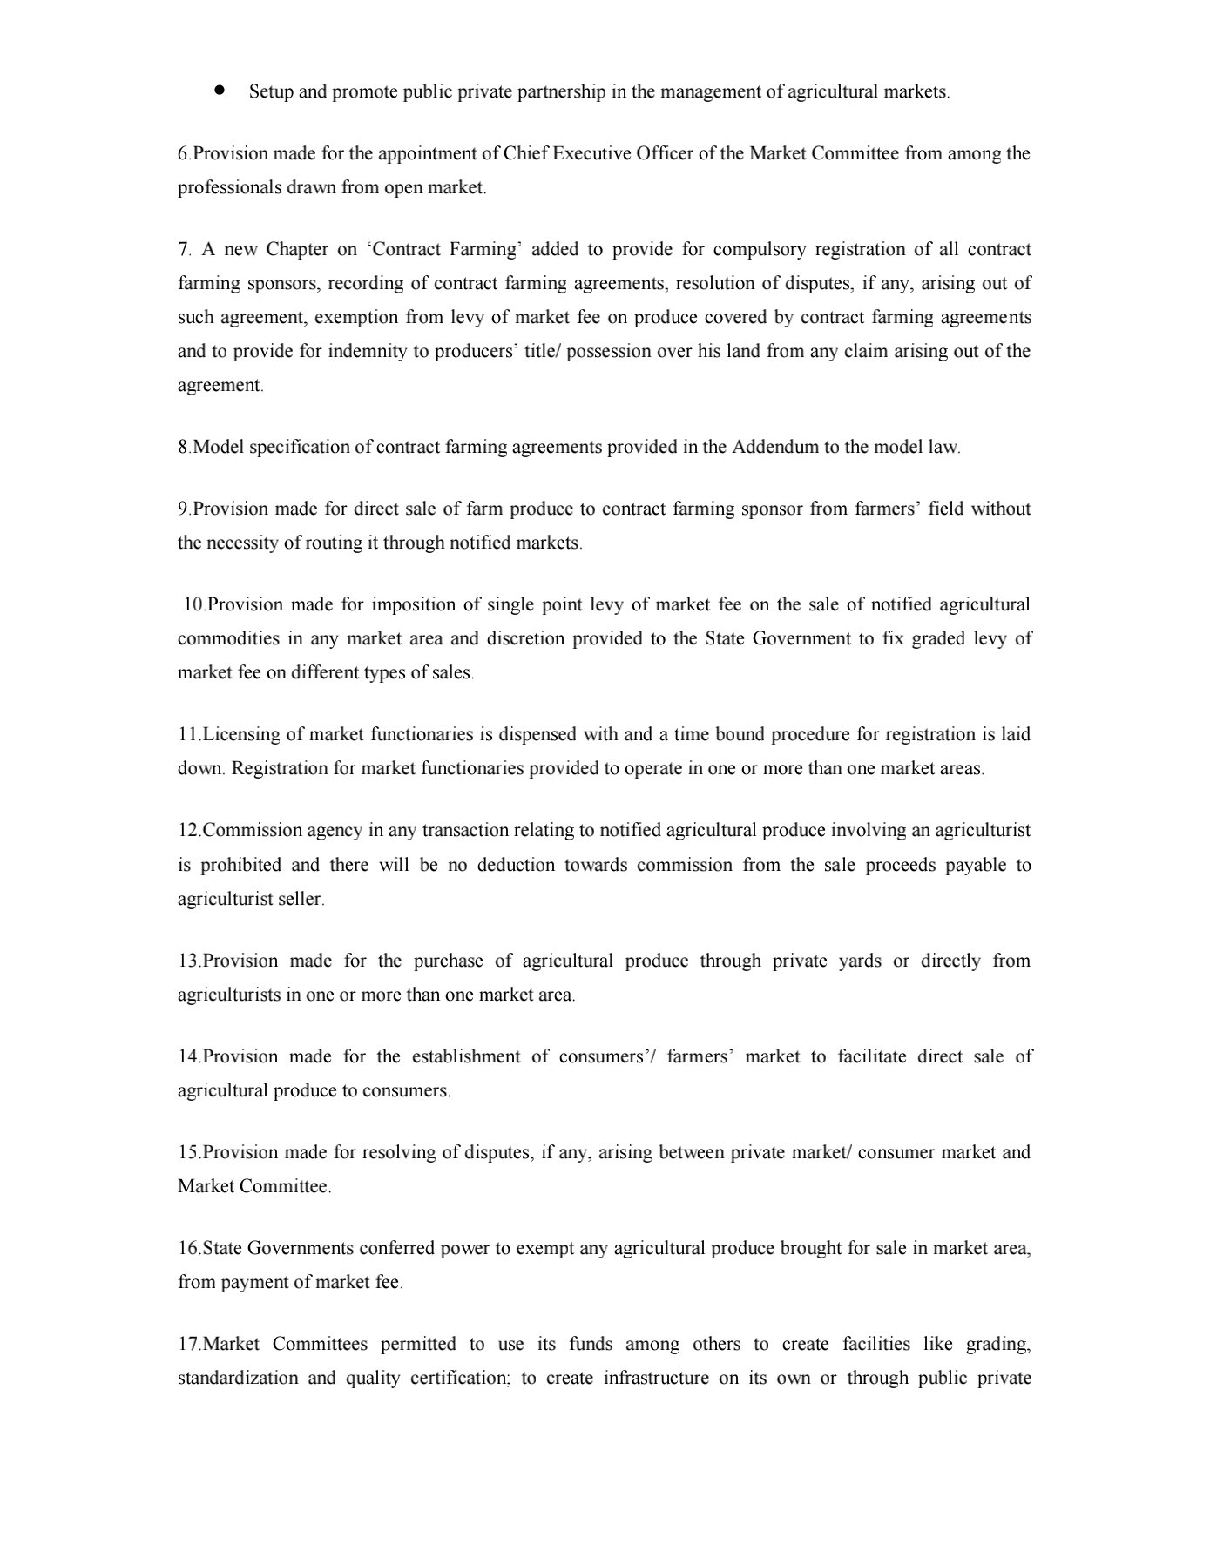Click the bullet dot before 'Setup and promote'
click(x=220, y=90)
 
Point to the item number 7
click(x=184, y=250)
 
